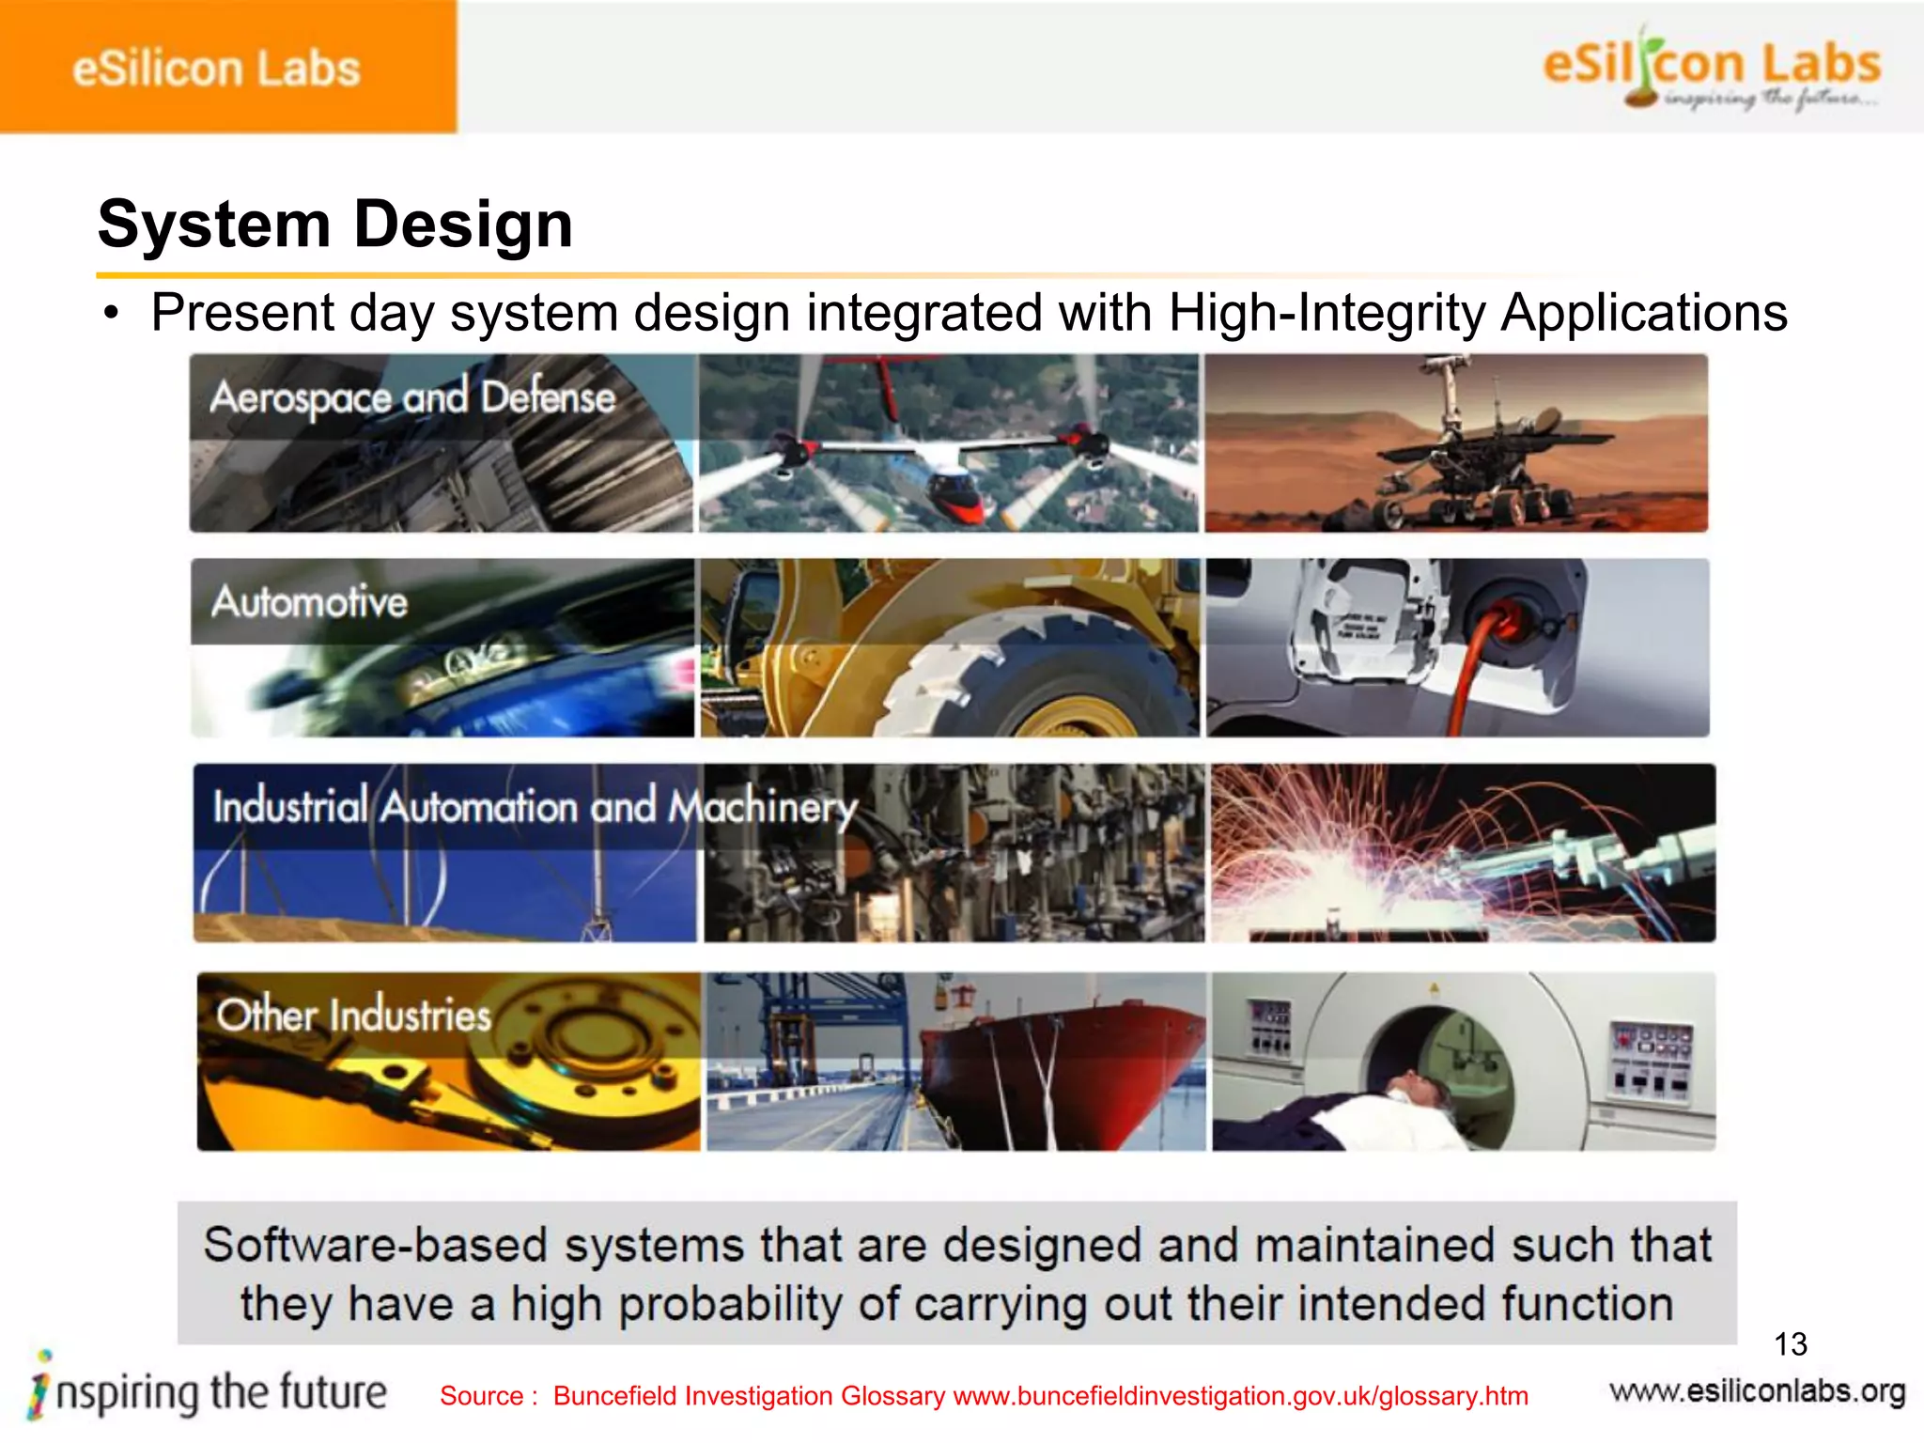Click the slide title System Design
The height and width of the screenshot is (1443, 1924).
click(334, 225)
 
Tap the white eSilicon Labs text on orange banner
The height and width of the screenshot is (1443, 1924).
click(216, 70)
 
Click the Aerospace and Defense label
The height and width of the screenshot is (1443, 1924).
click(412, 397)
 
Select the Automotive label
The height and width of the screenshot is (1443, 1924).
click(309, 602)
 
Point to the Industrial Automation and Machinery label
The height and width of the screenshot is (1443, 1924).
click(535, 807)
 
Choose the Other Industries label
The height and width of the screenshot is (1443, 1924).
click(353, 1016)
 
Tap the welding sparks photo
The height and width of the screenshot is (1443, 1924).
click(1462, 853)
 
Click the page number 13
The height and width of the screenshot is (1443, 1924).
click(1790, 1344)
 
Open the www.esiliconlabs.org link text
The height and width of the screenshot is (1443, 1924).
click(1757, 1391)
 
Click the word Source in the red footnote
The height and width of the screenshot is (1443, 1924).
click(481, 1396)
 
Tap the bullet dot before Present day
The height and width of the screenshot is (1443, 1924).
click(112, 313)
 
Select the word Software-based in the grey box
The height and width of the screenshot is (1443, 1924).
click(379, 1245)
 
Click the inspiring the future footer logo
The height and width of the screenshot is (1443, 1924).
click(209, 1391)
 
